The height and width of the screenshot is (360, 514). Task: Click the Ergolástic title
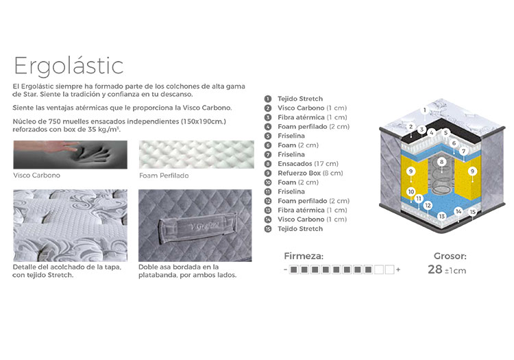69,67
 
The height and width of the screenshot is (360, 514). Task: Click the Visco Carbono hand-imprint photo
70,155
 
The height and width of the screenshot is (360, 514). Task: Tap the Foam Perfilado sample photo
197,154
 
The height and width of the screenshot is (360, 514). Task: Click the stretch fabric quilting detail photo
70,225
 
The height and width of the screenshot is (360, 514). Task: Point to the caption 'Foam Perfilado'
164,176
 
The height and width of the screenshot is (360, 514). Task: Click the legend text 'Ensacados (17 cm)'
308,164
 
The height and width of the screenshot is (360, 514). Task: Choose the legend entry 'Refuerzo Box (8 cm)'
310,173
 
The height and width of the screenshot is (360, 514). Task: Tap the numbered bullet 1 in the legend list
268,99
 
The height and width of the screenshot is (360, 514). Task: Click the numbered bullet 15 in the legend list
268,229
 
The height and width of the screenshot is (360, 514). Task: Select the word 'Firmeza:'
304,256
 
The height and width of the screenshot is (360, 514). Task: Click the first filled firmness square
294,269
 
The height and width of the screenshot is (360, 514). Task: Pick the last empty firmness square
389,269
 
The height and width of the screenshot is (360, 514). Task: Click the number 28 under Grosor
435,269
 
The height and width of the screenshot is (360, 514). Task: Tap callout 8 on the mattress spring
441,162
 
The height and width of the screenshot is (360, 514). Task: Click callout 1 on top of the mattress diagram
425,110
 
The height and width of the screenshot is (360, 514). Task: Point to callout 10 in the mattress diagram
411,191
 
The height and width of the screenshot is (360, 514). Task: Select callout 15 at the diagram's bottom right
472,212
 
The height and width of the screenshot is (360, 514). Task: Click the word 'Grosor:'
450,256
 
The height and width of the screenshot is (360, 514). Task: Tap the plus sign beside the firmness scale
398,270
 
